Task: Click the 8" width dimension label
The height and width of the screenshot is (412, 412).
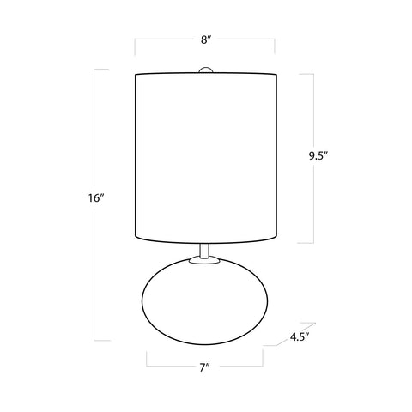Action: [204, 38]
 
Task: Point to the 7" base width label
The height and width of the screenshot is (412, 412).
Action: [205, 370]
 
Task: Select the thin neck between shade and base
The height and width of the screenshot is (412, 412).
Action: [205, 250]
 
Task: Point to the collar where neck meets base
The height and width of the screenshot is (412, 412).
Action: [205, 259]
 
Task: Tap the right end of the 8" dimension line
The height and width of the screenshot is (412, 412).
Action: [275, 39]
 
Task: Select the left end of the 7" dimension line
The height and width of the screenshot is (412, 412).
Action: [148, 361]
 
